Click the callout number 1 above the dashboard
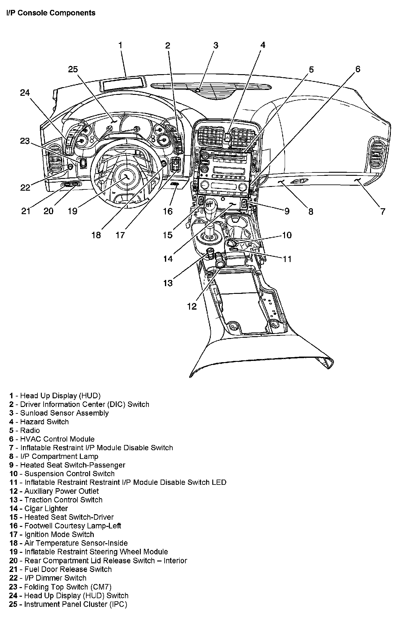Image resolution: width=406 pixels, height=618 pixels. pos(120,45)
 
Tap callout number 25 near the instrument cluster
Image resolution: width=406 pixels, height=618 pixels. pos(73,69)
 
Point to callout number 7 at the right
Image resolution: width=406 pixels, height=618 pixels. pos(383,211)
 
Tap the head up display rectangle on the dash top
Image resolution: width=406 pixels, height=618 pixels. pos(123,83)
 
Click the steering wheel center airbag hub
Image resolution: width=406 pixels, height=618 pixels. pos(127,177)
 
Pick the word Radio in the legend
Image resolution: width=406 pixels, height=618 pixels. pos(30,430)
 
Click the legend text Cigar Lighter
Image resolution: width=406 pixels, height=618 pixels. pos(46,508)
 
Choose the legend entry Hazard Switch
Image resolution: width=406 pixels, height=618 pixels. pos(44,422)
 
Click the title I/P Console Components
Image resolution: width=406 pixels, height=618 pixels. pos(51,13)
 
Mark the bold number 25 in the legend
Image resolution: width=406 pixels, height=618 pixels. pos(13,604)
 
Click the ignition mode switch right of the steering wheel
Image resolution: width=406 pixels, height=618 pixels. pos(175,163)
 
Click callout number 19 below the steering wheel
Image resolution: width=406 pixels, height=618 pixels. pos(72,211)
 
